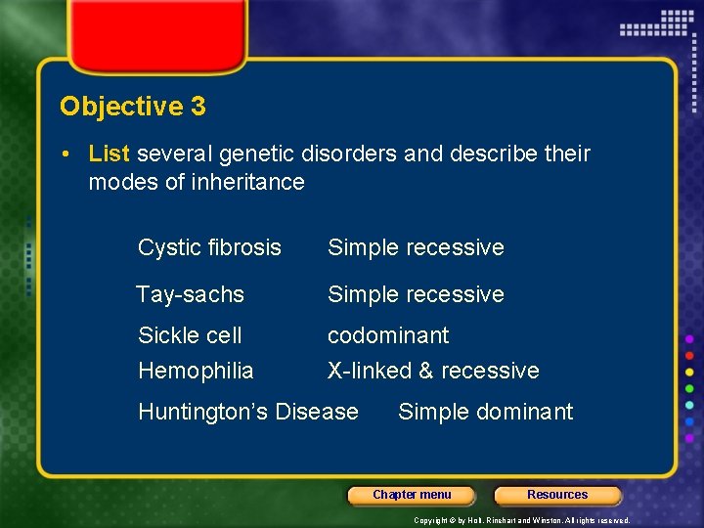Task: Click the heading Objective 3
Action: (133, 107)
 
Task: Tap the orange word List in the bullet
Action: (110, 154)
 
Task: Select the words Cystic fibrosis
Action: (209, 247)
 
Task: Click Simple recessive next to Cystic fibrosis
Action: (416, 247)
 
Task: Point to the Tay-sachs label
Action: (190, 294)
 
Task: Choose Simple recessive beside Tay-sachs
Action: (416, 294)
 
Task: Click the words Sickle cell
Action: (190, 335)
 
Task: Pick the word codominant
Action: (388, 335)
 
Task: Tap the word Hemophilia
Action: (196, 371)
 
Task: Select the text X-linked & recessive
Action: (433, 371)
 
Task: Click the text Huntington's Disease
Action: (248, 412)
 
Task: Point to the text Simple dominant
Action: (485, 412)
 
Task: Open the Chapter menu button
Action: (412, 495)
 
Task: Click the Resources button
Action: (557, 495)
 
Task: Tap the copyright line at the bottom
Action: (521, 520)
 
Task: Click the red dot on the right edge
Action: (690, 354)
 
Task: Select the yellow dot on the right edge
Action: (690, 371)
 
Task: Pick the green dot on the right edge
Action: (690, 387)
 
